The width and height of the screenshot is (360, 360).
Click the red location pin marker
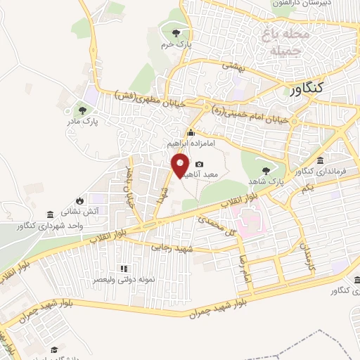(x=180, y=166)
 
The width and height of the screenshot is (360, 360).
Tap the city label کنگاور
(x=307, y=89)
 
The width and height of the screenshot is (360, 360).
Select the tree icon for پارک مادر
(x=83, y=110)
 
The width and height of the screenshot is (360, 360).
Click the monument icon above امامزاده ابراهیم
(x=190, y=133)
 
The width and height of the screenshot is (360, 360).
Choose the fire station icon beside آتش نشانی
(x=81, y=200)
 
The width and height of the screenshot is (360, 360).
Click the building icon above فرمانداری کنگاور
(x=321, y=160)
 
